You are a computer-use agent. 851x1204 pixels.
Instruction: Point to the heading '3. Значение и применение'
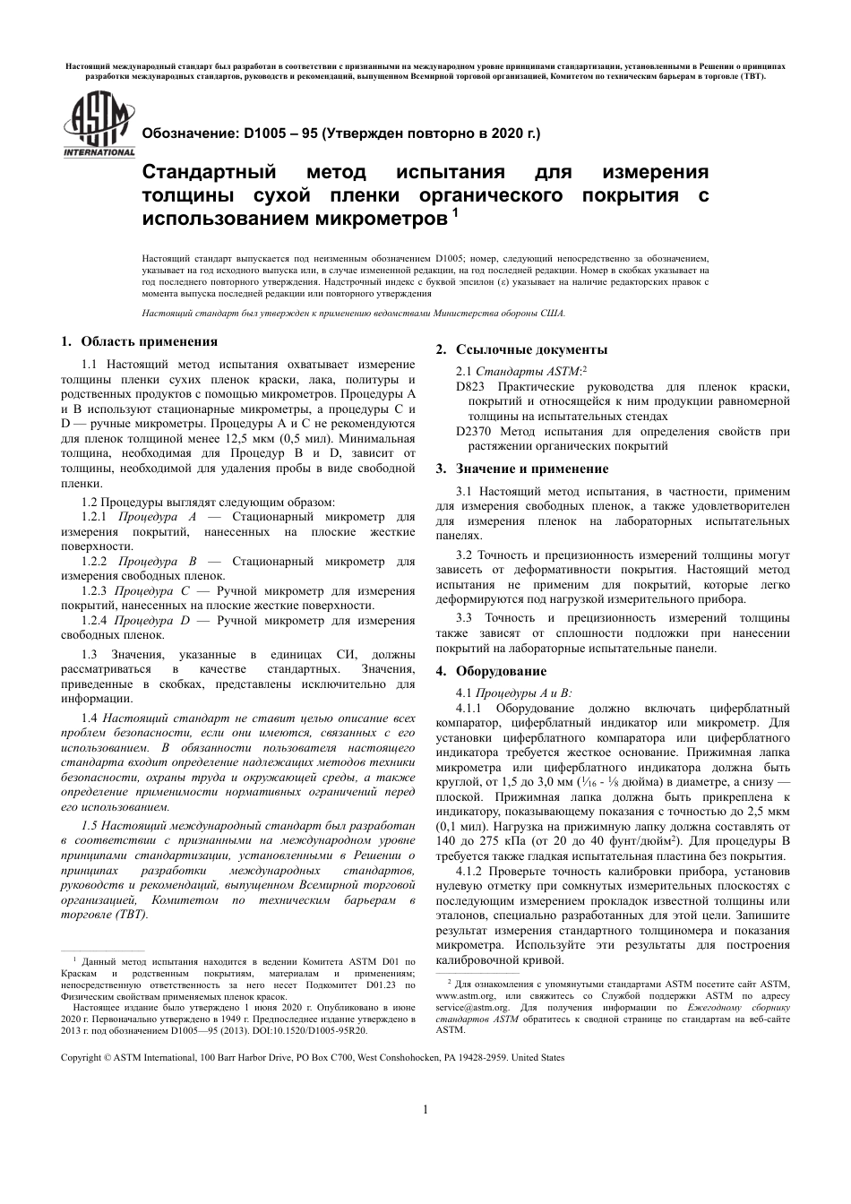(521, 469)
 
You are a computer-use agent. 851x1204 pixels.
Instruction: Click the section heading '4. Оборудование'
(490, 671)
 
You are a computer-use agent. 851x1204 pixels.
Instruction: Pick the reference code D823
(470, 387)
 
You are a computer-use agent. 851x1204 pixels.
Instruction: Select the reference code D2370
(474, 432)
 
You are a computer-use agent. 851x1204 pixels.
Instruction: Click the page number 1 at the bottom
(425, 1110)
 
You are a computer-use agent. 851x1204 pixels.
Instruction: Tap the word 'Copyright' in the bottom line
(81, 1057)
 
